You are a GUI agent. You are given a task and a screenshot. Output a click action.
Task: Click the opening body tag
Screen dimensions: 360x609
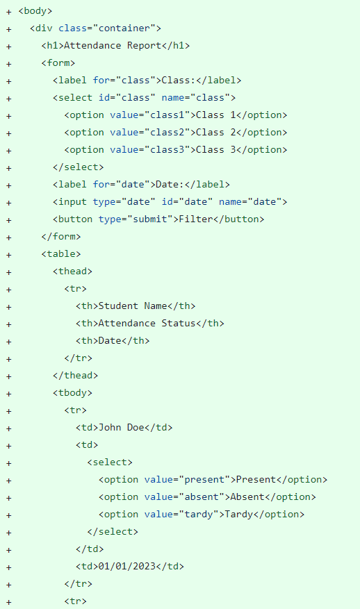(35, 11)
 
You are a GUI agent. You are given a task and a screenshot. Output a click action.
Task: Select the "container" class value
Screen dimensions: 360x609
(124, 28)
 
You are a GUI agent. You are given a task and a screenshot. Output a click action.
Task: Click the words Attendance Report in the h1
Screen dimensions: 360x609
(113, 46)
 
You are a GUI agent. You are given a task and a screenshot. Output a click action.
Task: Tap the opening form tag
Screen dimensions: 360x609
(58, 63)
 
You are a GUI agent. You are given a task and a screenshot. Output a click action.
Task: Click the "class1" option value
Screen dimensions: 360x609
(167, 115)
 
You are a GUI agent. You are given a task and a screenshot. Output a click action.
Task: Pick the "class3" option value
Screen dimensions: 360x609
(167, 150)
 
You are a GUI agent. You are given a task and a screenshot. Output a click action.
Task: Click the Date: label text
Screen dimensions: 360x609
(170, 185)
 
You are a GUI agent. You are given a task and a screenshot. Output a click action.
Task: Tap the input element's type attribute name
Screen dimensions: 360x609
(104, 202)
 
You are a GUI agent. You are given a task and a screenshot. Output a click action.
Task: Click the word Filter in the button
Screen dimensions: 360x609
(195, 219)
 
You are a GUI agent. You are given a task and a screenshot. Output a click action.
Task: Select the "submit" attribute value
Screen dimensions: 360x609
(150, 219)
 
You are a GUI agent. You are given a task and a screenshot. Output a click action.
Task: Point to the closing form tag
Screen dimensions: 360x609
(61, 237)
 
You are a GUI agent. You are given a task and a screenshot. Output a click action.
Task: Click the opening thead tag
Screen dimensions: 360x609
(72, 271)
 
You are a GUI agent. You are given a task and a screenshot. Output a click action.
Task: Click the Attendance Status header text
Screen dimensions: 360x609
(147, 324)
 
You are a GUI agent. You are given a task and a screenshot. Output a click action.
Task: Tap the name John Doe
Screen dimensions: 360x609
(122, 428)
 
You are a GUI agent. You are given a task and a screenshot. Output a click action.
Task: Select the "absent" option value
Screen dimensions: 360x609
(202, 497)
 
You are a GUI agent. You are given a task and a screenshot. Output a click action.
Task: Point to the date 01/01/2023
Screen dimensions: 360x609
(127, 566)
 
